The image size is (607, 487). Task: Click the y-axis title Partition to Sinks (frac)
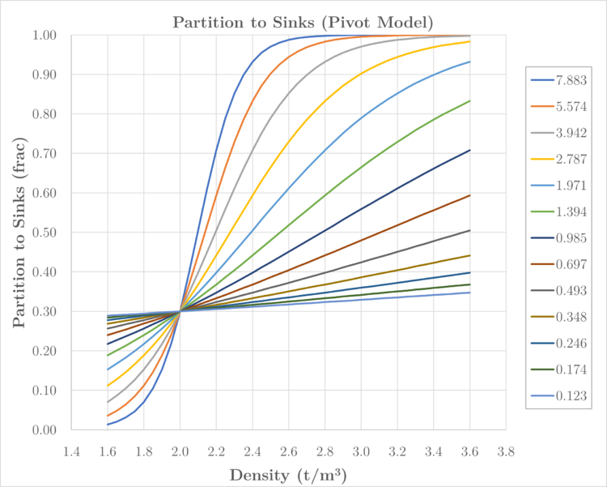coord(19,232)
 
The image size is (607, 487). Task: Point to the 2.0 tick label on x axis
coord(180,449)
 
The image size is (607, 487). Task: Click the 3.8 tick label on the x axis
coord(506,449)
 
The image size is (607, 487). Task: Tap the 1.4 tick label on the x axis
coord(71,449)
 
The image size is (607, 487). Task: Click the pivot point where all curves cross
coord(180,311)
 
